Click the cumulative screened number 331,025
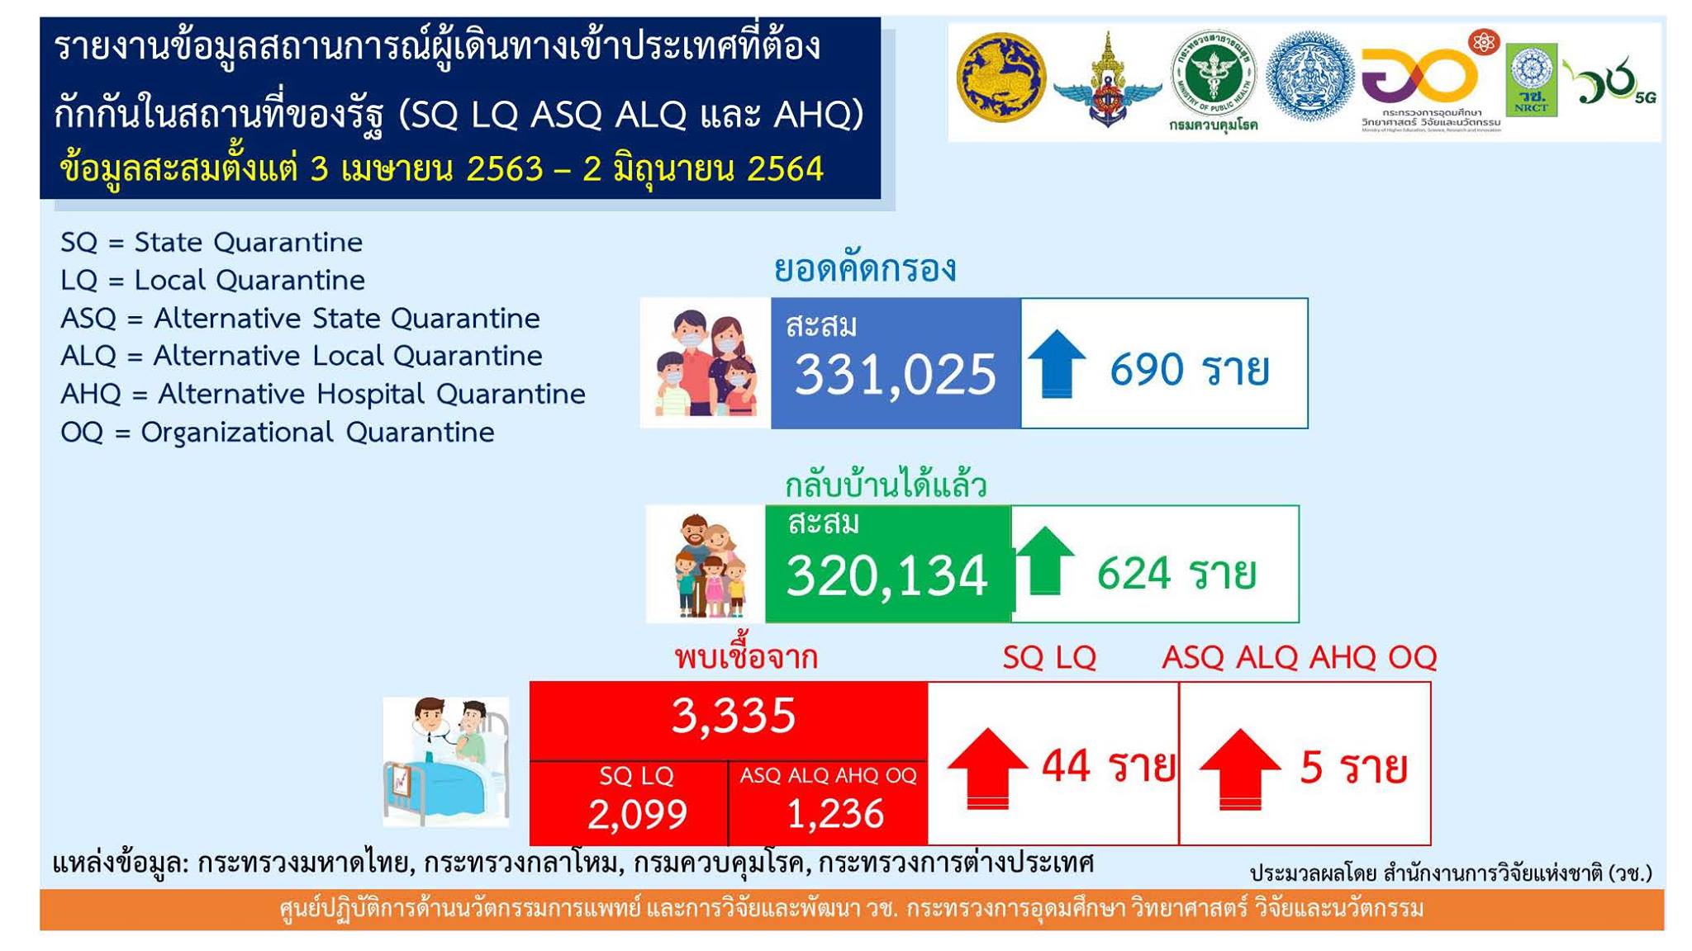[x=896, y=374]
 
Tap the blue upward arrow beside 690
[x=1056, y=363]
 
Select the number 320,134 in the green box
[x=887, y=575]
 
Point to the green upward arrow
[x=1044, y=561]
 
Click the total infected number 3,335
[x=734, y=715]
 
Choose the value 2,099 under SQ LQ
[x=637, y=814]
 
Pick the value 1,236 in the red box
[x=835, y=814]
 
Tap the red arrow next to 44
[x=987, y=769]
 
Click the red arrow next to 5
[x=1239, y=769]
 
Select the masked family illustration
[x=706, y=363]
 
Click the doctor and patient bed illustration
[x=446, y=761]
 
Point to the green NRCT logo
[x=1532, y=80]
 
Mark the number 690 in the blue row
[x=1147, y=369]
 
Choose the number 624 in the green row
[x=1134, y=573]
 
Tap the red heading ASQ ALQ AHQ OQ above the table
[x=1300, y=658]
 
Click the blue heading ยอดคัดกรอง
[x=865, y=269]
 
